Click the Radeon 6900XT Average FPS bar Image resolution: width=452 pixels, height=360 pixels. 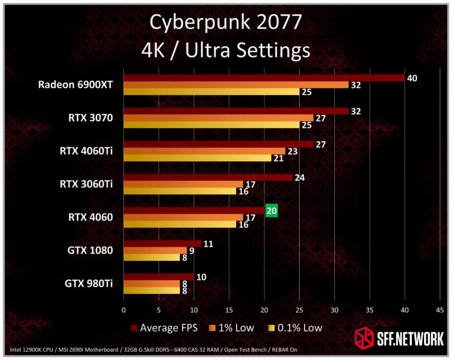coord(263,78)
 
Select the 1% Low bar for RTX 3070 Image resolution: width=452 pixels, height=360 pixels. coord(218,118)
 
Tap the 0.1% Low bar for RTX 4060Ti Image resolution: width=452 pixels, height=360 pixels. coord(197,158)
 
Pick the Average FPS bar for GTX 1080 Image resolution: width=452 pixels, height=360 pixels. coord(162,243)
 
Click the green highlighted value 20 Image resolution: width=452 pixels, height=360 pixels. coord(272,210)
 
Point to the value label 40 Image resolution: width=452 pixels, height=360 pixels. coord(412,78)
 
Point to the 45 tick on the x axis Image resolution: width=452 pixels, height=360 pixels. coord(440,310)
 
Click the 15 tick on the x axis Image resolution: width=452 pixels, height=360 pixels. coord(229,310)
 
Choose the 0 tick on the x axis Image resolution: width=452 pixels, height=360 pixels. coord(124,310)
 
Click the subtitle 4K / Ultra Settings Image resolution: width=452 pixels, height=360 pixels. coord(226,50)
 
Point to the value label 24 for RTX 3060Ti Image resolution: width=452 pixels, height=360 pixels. coord(300,177)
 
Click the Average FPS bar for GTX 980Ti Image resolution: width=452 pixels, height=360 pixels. coord(158,277)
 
